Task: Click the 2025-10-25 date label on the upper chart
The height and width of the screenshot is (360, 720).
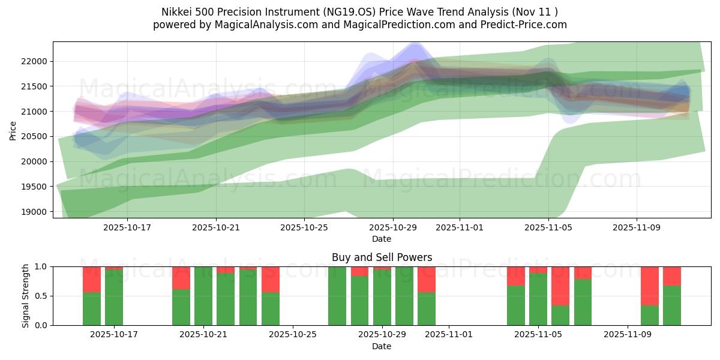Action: pyautogui.click(x=304, y=227)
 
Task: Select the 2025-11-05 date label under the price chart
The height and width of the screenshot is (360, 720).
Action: pyautogui.click(x=548, y=227)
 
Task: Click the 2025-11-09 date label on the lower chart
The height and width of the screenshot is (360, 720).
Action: pyautogui.click(x=627, y=335)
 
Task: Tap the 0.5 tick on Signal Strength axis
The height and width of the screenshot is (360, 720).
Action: pyautogui.click(x=43, y=296)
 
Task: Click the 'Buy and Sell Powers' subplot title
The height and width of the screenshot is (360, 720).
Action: pyautogui.click(x=382, y=257)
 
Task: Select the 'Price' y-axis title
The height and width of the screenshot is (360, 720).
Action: pyautogui.click(x=13, y=131)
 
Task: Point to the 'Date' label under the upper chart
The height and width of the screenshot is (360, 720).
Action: pyautogui.click(x=382, y=239)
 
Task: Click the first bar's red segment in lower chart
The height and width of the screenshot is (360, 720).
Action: pyautogui.click(x=92, y=279)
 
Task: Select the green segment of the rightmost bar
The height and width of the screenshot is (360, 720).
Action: pyautogui.click(x=672, y=305)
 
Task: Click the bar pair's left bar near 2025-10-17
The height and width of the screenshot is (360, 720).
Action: pyautogui.click(x=92, y=308)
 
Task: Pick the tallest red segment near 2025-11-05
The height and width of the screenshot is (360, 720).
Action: pyautogui.click(x=560, y=286)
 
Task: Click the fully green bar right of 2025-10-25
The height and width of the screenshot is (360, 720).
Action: pyautogui.click(x=337, y=296)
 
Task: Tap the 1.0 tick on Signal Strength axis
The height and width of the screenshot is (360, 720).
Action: pyautogui.click(x=43, y=266)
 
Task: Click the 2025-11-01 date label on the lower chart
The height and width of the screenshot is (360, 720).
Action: pyautogui.click(x=449, y=335)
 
